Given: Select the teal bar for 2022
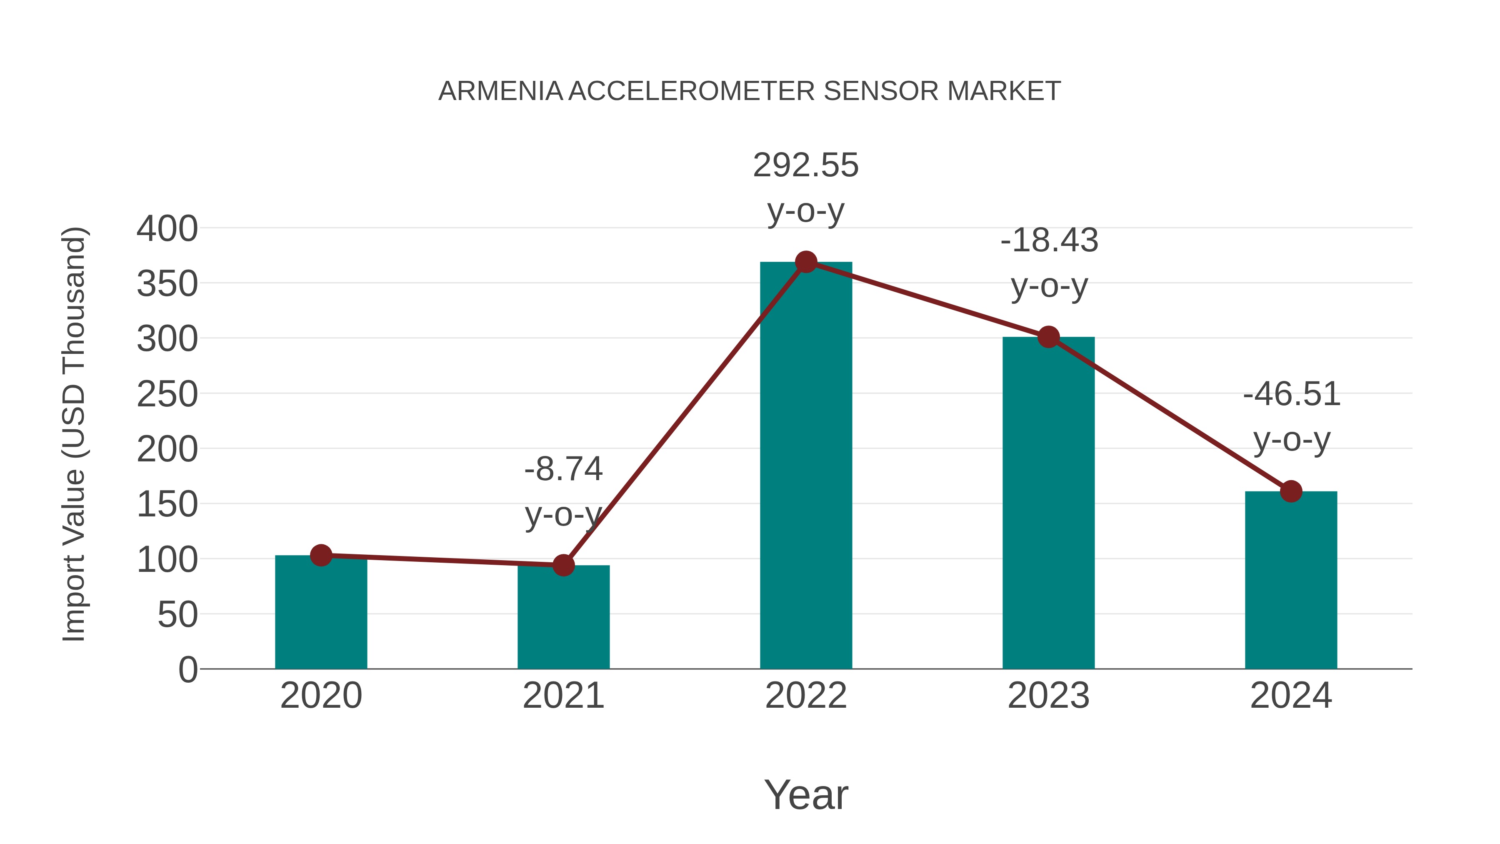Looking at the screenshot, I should (806, 466).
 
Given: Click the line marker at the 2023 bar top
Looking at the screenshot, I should (1048, 337).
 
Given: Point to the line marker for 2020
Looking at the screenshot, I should (321, 555).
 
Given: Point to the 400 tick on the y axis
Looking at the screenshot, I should (167, 228).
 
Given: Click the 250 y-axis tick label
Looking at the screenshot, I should (167, 394).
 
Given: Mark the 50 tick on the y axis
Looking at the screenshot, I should (177, 614).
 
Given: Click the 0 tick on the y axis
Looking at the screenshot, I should (187, 669).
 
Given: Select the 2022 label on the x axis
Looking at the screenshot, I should (806, 696).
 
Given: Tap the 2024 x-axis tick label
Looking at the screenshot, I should (1291, 696).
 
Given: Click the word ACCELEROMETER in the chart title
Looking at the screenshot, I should (692, 91).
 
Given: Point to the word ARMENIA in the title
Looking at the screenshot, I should (500, 91).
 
